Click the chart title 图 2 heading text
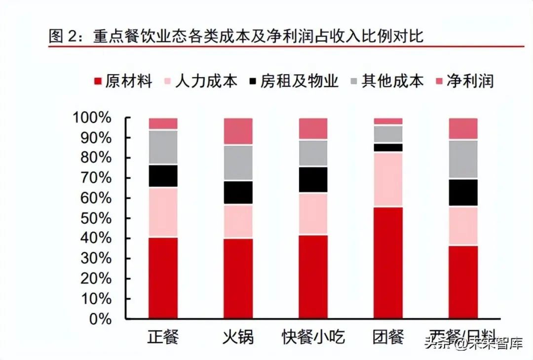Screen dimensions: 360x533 (x=235, y=36)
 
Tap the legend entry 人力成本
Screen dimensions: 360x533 (x=200, y=80)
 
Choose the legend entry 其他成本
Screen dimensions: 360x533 (x=385, y=80)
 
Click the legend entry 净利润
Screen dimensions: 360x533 (x=464, y=80)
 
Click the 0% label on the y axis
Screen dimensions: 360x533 (x=101, y=319)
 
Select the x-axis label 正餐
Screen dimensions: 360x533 (x=163, y=337)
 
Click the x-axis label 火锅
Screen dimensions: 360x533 (x=238, y=337)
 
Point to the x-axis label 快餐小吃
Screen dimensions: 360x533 (x=313, y=337)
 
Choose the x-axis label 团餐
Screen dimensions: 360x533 (x=388, y=337)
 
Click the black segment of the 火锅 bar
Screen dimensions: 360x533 (x=238, y=193)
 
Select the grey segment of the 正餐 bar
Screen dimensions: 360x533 (x=163, y=147)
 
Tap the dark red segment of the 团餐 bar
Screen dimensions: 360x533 (x=388, y=262)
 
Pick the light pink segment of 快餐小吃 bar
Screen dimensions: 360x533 (x=313, y=214)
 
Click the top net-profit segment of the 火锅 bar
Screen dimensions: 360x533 (x=238, y=131)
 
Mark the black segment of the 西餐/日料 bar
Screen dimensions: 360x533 (x=463, y=192)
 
